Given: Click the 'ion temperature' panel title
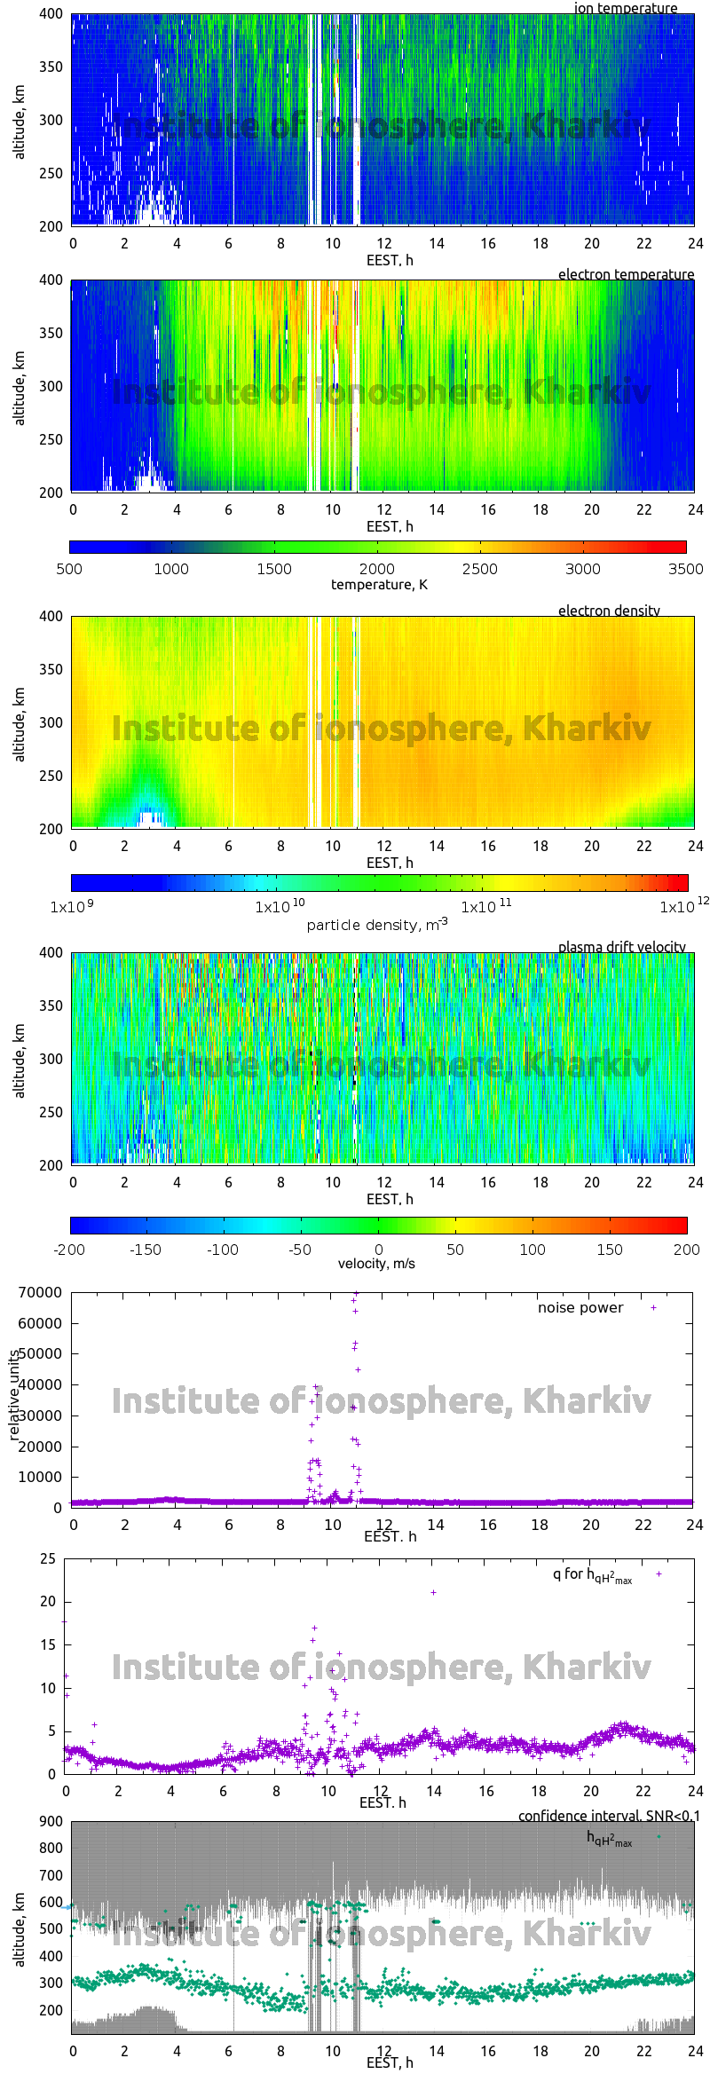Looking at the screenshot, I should pos(625,8).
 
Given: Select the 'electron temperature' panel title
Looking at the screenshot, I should pos(626,274).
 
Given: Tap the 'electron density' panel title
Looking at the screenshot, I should pos(609,611).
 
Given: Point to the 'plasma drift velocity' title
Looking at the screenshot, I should pos(621,947).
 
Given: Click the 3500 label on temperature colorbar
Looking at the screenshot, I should pos(685,569).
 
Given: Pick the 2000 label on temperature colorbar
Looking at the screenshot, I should pos(377,569).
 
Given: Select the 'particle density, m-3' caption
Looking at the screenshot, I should pos(377,924).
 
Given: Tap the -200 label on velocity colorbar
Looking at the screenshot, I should pos(69,1250).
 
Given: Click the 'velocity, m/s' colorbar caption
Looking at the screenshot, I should pos(376,1263).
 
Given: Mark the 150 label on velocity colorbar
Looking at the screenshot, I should pos(609,1250).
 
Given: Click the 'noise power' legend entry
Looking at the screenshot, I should pos(580,1307).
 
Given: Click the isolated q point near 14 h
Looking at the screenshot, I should pos(433,1592).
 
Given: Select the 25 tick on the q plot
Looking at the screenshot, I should pos(48,1558).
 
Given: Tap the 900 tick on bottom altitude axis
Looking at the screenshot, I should pos(51,1821).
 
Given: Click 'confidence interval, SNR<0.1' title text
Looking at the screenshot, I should pos(609,1816).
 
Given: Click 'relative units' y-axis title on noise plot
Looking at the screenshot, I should pos(14,1393).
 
